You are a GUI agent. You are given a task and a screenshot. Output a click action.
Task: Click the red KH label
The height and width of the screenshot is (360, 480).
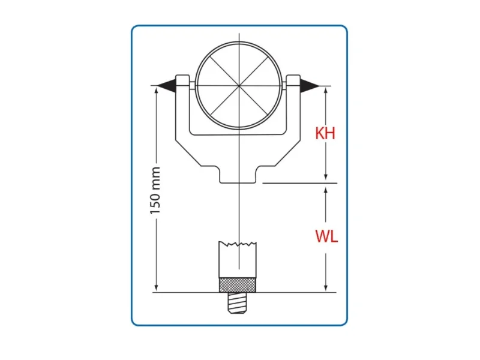(x=325, y=133)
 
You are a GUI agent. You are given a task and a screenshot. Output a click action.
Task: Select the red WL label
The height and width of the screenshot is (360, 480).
(x=326, y=236)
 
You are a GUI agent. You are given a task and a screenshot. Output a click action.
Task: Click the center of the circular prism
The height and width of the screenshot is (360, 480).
(x=239, y=86)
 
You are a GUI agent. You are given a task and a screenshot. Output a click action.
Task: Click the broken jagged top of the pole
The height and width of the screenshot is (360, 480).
(x=238, y=244)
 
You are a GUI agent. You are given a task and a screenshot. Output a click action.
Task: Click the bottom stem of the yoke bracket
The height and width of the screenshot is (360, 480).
(x=239, y=176)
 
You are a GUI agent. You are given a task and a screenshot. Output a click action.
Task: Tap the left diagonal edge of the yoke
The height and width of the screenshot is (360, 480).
(x=196, y=157)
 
